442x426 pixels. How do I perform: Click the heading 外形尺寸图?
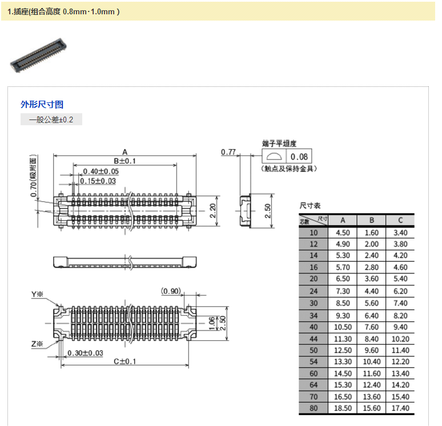tap(42, 104)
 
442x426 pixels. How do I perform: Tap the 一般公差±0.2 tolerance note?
tap(51, 120)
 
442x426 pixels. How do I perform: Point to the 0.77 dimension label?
tap(228, 152)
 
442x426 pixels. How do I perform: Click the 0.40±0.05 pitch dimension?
tap(101, 172)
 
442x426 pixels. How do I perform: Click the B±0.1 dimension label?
tap(124, 161)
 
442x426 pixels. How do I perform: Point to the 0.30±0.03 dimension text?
tap(85, 353)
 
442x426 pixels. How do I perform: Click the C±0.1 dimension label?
tap(124, 361)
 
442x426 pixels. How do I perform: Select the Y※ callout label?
tap(37, 294)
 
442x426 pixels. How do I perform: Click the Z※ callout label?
tap(37, 344)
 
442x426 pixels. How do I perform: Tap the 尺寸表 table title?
tap(310, 205)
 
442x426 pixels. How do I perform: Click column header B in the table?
tap(371, 220)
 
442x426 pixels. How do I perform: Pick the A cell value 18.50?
tap(343, 408)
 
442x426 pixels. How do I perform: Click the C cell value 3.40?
tap(400, 233)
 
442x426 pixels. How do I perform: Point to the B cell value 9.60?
tap(371, 350)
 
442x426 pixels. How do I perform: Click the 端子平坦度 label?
tap(279, 143)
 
